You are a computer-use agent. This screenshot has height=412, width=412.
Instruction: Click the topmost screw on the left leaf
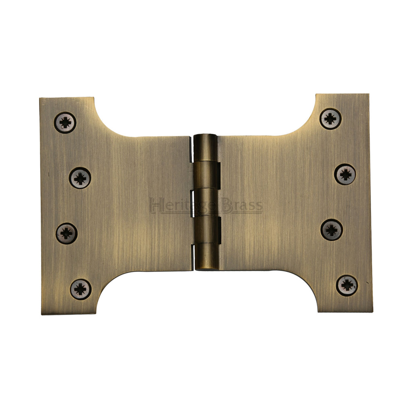pos(65,122)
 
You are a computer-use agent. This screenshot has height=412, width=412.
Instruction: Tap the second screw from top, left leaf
pos(80,178)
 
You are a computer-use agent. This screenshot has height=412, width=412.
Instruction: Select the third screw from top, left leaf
pos(66,233)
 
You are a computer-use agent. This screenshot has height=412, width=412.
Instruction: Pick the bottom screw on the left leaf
pos(80,289)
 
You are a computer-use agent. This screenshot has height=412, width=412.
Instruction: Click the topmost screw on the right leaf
pos(331,119)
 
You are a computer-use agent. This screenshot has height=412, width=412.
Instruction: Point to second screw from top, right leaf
pos(345,175)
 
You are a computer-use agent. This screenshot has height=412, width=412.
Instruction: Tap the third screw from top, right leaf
pos(332,230)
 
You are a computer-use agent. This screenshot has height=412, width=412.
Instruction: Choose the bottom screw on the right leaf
pos(347,285)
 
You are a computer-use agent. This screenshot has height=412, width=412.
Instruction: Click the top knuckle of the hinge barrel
pos(206,148)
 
